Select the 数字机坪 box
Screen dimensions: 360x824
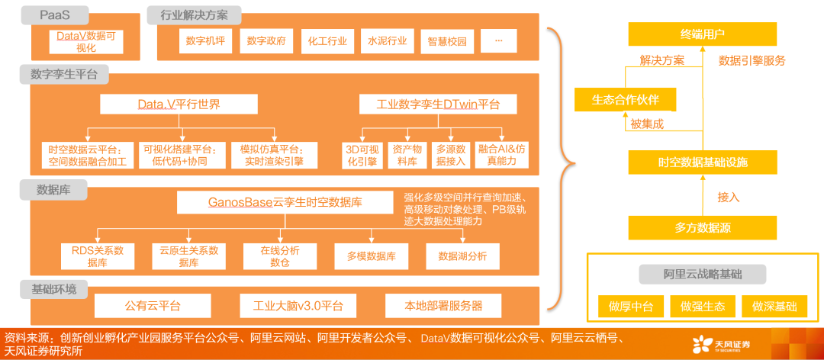[207, 41]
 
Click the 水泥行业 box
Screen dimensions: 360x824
[388, 41]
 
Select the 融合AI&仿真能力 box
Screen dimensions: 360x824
[501, 155]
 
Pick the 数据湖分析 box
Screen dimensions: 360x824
[462, 256]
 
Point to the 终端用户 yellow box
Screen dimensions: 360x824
[702, 34]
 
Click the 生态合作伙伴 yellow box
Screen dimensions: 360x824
[626, 100]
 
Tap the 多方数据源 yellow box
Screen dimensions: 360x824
[702, 227]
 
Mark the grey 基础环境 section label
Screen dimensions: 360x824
[53, 290]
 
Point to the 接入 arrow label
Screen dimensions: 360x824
[729, 197]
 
